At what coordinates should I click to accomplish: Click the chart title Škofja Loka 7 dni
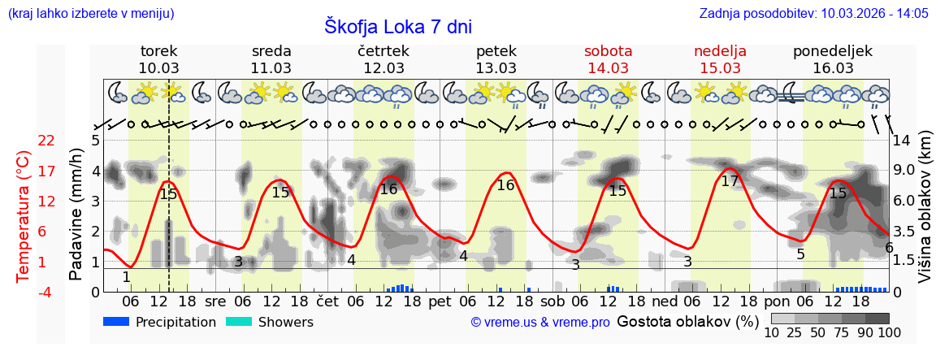tap(397, 26)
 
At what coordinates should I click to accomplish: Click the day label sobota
tap(608, 51)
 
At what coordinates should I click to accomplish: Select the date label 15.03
tap(720, 68)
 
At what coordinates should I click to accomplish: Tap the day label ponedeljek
tap(832, 51)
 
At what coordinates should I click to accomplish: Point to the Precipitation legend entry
tap(159, 323)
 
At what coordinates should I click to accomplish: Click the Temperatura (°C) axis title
tap(24, 216)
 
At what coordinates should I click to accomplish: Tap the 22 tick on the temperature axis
tap(47, 141)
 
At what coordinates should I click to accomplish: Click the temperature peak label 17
tap(730, 181)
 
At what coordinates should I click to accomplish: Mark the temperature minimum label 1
tap(126, 277)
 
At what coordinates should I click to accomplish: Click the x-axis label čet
tap(327, 301)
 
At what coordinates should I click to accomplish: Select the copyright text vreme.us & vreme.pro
tap(540, 323)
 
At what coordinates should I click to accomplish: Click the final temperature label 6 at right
tap(889, 248)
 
